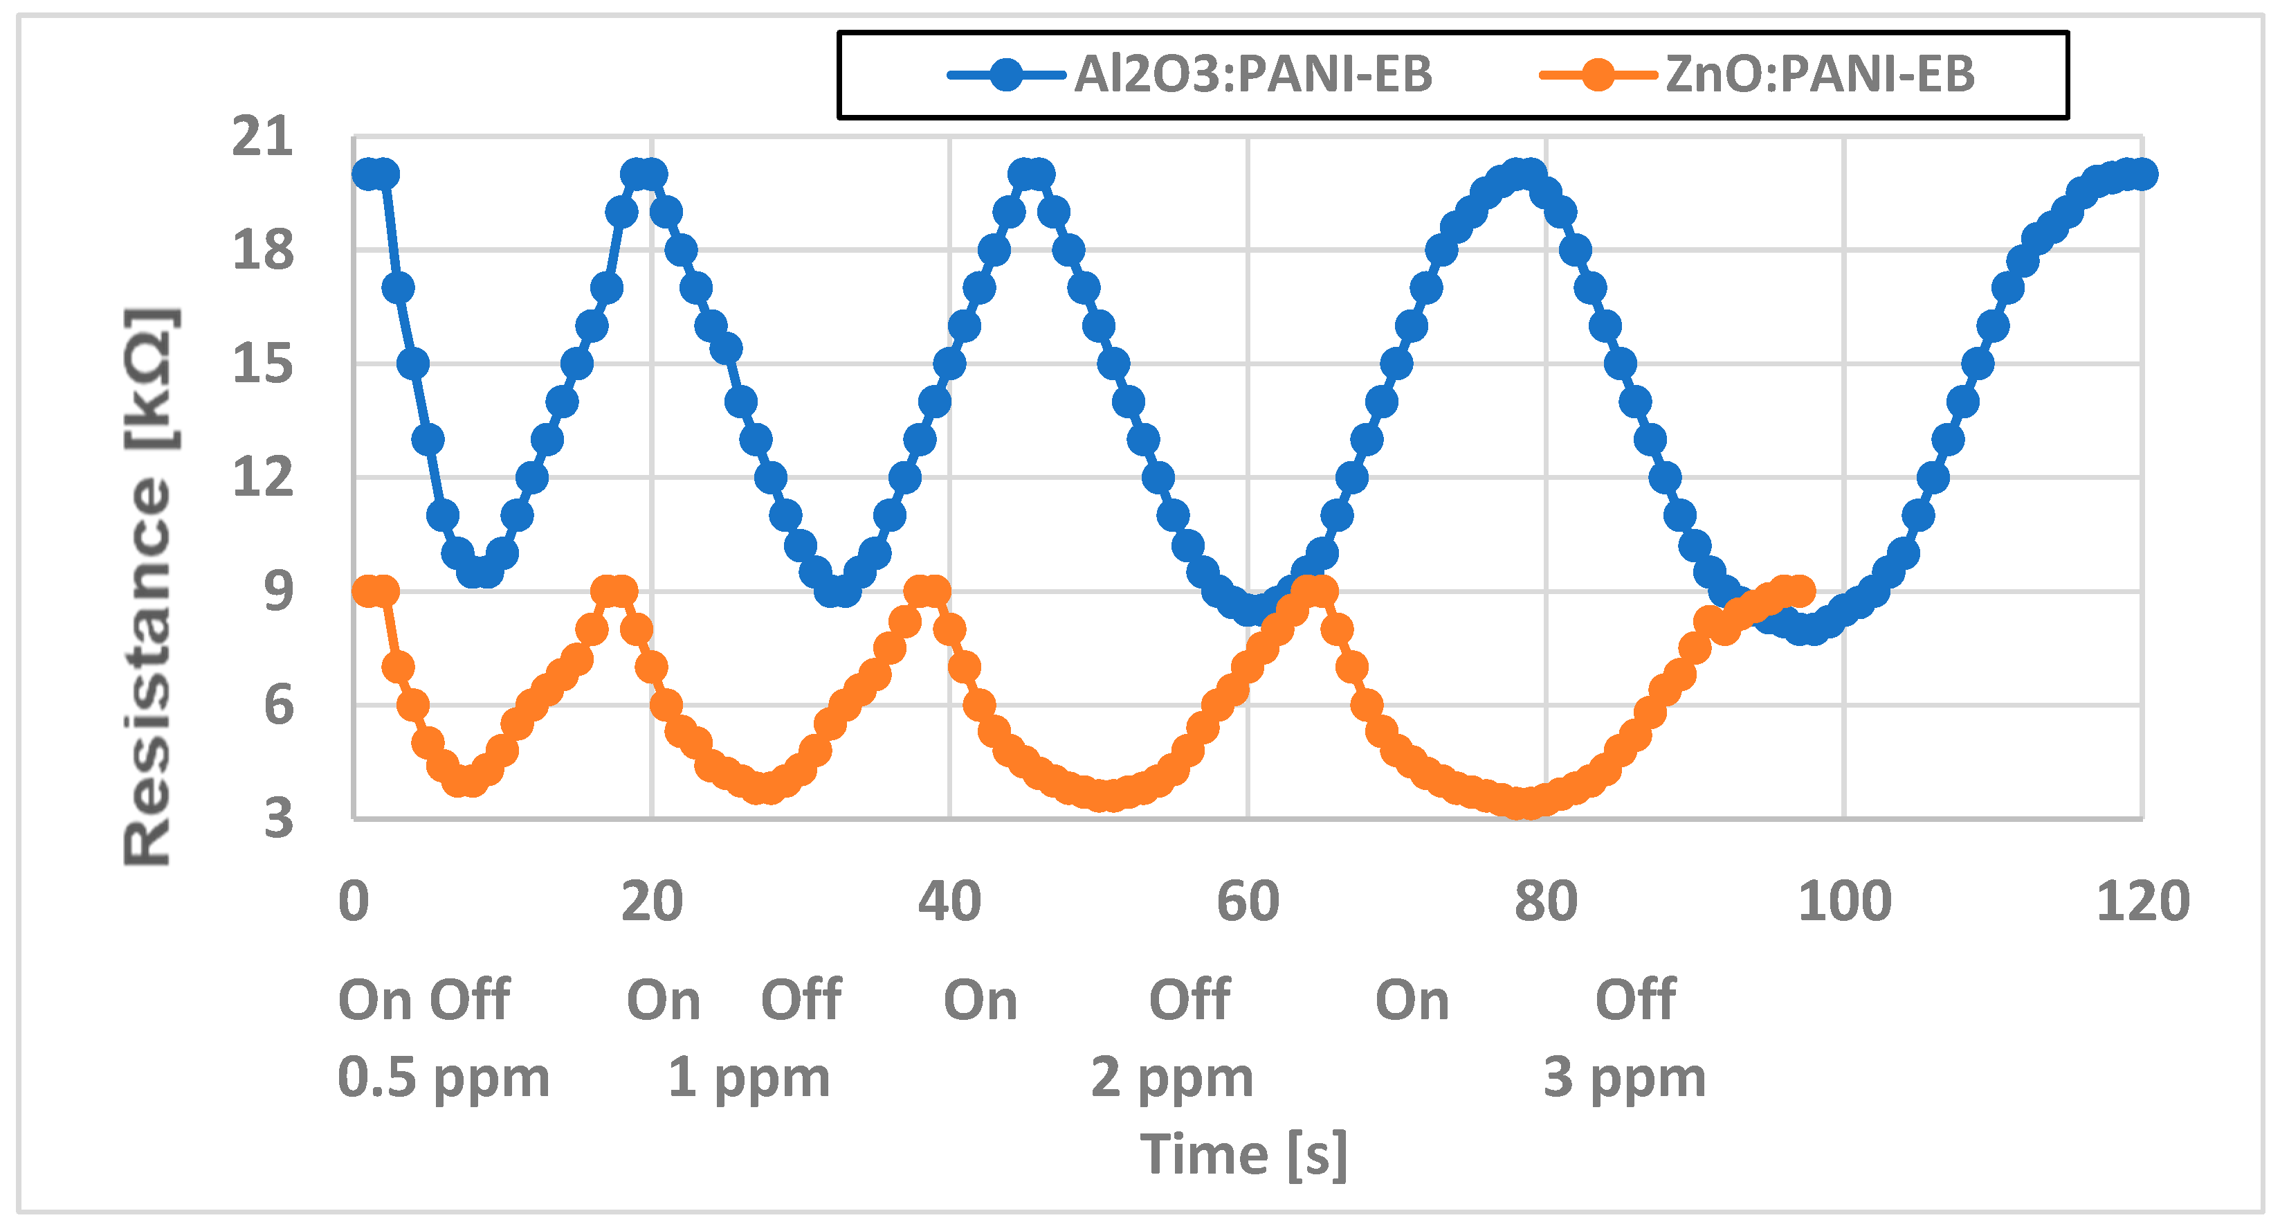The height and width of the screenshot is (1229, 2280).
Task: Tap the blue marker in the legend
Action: point(1006,74)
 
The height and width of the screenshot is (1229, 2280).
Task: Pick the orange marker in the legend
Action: point(1598,74)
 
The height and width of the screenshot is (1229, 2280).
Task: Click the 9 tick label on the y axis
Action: point(278,591)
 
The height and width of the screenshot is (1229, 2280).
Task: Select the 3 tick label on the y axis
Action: point(278,819)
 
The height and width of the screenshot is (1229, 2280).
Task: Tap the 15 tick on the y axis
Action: point(262,364)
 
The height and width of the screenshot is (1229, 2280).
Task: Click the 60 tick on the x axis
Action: point(1247,901)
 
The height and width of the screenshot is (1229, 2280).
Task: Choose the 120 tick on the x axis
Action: point(2142,901)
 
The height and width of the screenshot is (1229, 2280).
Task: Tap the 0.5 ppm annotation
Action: point(444,1077)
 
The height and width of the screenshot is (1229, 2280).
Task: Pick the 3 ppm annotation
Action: point(1624,1077)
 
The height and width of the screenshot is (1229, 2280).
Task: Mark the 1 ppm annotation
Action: point(749,1077)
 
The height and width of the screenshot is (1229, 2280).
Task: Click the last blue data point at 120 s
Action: point(2142,174)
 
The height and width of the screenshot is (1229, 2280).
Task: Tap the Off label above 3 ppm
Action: point(1635,1000)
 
